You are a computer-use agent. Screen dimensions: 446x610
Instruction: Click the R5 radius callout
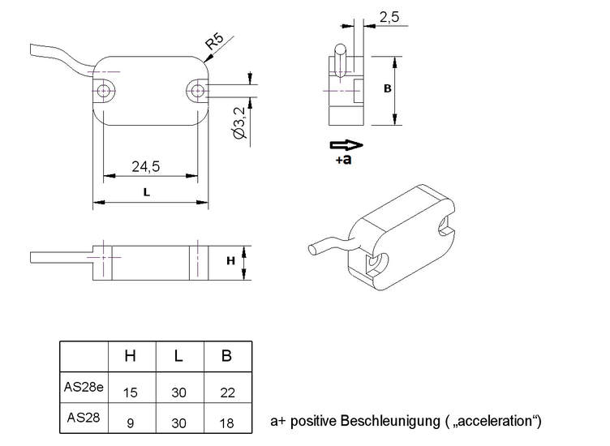(x=215, y=43)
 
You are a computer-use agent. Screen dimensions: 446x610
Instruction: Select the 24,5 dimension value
(x=145, y=166)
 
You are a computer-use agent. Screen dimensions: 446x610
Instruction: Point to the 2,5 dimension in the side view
(x=389, y=16)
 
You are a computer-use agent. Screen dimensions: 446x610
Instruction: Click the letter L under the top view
(x=145, y=192)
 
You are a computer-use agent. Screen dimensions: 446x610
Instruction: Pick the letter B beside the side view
(x=388, y=89)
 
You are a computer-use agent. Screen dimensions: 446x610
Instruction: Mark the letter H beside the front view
(x=230, y=260)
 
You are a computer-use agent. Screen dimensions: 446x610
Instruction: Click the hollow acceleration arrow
(x=345, y=145)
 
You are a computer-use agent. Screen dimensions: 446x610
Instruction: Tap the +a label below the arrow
(x=343, y=161)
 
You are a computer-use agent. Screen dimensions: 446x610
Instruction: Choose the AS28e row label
(x=84, y=386)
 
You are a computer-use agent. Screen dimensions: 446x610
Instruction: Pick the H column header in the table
(x=130, y=356)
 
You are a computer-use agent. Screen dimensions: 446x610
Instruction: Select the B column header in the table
(x=226, y=356)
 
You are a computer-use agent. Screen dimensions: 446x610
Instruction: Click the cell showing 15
(x=130, y=392)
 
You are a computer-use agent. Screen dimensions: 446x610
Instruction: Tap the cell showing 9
(x=130, y=421)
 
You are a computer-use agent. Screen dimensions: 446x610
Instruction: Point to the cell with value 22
(x=226, y=392)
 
